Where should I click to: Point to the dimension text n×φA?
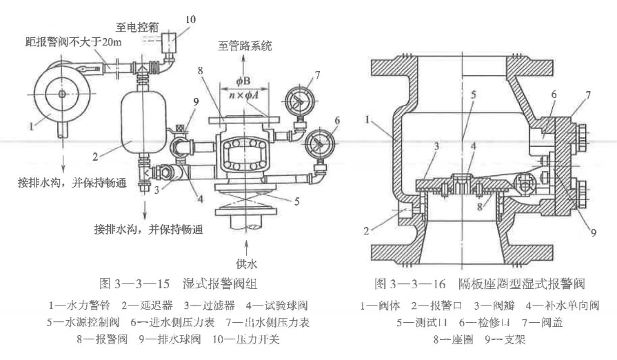[x=247, y=87]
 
